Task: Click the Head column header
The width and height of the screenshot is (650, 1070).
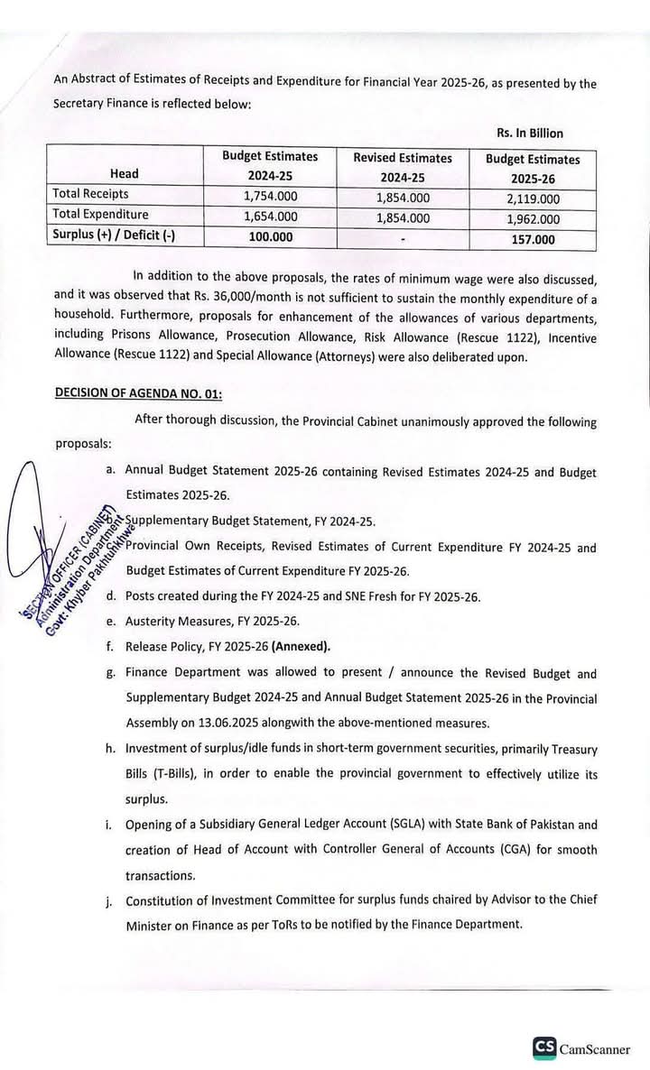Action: (125, 173)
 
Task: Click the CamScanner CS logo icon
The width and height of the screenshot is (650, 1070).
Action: (543, 1047)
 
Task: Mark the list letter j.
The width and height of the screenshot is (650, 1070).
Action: (110, 900)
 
